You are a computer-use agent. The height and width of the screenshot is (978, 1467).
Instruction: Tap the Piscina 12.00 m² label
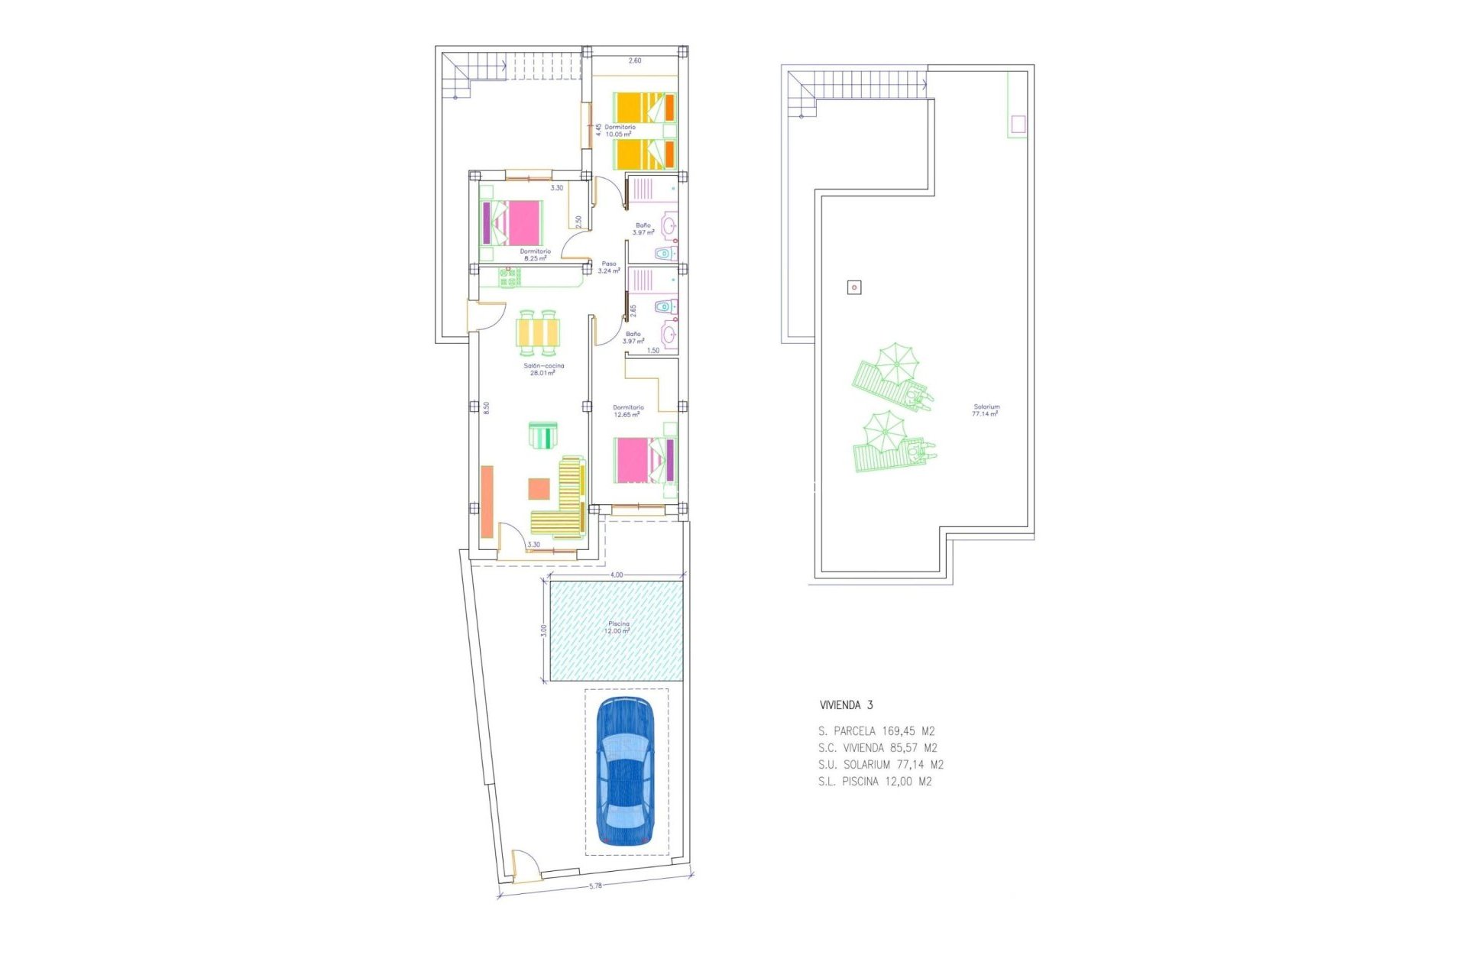click(617, 627)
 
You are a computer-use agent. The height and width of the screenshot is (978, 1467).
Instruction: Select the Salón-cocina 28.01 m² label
click(543, 369)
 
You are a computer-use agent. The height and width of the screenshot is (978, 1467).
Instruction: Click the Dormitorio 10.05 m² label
click(620, 131)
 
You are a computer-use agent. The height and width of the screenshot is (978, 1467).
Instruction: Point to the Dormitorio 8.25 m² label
click(535, 254)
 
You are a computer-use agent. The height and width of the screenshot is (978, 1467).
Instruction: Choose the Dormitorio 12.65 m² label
click(628, 411)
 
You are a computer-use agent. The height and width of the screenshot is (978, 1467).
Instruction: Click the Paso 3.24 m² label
click(609, 267)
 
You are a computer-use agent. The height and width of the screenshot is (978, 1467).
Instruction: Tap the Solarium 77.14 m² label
click(986, 410)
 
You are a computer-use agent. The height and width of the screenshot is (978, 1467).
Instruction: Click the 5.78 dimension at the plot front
click(595, 886)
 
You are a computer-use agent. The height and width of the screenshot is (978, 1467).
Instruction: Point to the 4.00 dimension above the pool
click(617, 575)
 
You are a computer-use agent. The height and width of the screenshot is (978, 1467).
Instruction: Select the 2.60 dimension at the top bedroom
click(635, 60)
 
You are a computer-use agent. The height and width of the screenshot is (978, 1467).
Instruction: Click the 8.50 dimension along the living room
click(486, 407)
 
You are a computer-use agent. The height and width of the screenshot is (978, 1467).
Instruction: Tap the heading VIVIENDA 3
click(846, 705)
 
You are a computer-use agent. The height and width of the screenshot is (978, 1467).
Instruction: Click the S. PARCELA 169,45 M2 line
click(876, 731)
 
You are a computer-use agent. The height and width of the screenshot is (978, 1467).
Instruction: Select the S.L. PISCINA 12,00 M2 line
click(875, 782)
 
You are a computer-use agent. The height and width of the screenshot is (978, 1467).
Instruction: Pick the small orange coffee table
click(539, 488)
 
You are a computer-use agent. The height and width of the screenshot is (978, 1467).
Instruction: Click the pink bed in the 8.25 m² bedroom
click(515, 222)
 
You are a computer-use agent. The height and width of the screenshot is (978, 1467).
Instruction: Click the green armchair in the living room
click(543, 436)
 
